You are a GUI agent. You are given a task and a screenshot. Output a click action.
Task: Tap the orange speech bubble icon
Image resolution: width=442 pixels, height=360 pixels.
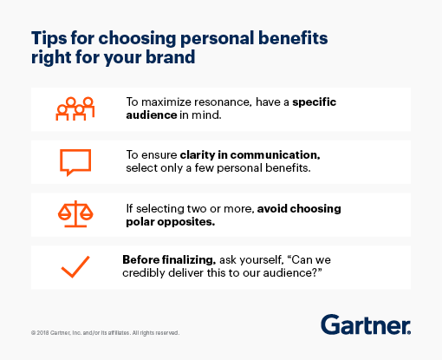[x=75, y=161]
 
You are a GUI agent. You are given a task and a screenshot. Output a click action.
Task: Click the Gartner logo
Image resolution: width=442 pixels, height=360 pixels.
[x=365, y=325]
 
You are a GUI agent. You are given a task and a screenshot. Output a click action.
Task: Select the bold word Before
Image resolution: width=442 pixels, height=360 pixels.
[x=144, y=258]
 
